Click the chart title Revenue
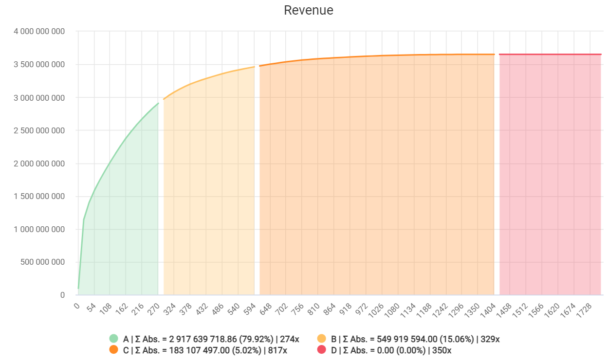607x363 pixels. pyautogui.click(x=309, y=10)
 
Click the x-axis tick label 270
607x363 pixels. pyautogui.click(x=153, y=309)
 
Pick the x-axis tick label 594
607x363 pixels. pyautogui.click(x=249, y=309)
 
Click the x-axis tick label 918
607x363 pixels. pyautogui.click(x=345, y=309)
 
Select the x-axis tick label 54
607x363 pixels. pyautogui.click(x=91, y=309)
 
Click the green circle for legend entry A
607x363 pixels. pyautogui.click(x=114, y=339)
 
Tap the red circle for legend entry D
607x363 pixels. pyautogui.click(x=321, y=350)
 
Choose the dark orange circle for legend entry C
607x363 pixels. pyautogui.click(x=114, y=350)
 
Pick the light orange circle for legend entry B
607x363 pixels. pyautogui.click(x=321, y=339)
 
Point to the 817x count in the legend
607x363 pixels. pyautogui.click(x=278, y=350)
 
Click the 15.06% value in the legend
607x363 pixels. pyautogui.click(x=460, y=339)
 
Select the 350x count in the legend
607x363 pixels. pyautogui.click(x=442, y=350)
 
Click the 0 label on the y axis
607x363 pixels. pyautogui.click(x=62, y=295)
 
